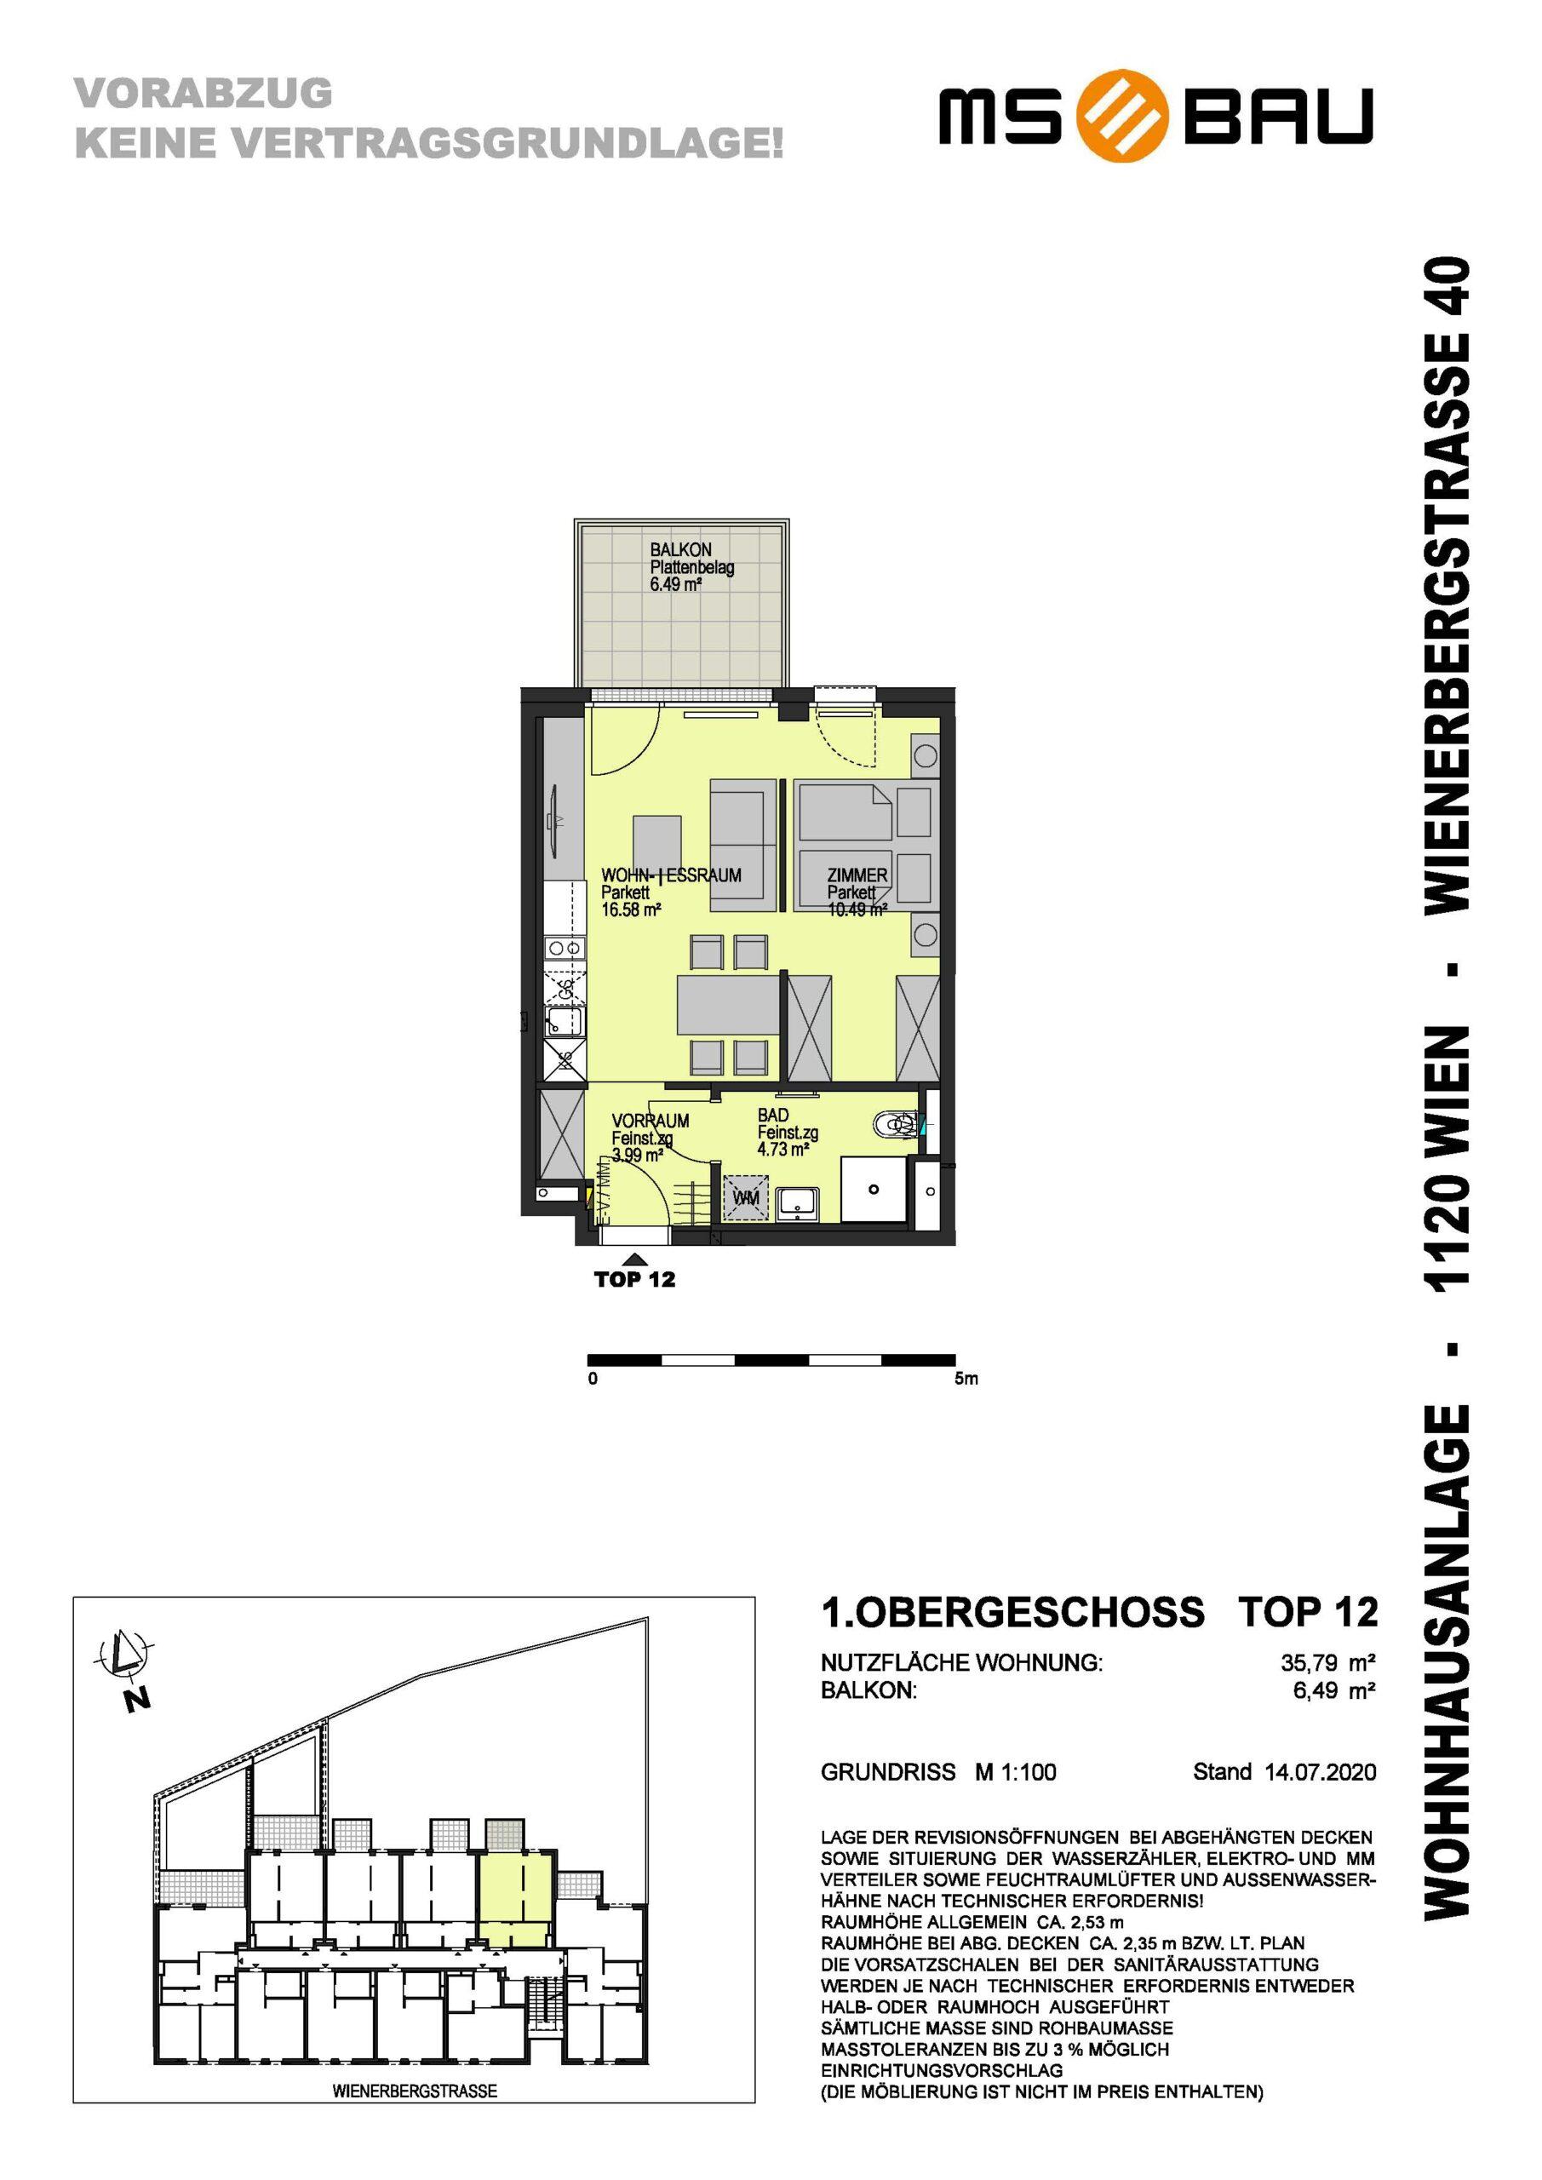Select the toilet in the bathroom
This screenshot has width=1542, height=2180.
tap(897, 1125)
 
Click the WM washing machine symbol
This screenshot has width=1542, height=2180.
tap(747, 1198)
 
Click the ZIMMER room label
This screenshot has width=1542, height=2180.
tap(857, 875)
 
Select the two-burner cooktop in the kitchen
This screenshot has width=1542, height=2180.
tap(564, 947)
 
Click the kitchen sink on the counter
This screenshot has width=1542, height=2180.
tap(563, 1023)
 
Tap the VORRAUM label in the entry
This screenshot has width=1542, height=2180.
tap(651, 1121)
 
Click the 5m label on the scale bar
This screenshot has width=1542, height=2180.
tap(966, 1379)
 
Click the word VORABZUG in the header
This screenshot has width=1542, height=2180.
tap(204, 93)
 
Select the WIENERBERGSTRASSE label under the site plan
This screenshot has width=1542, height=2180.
tap(415, 2109)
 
